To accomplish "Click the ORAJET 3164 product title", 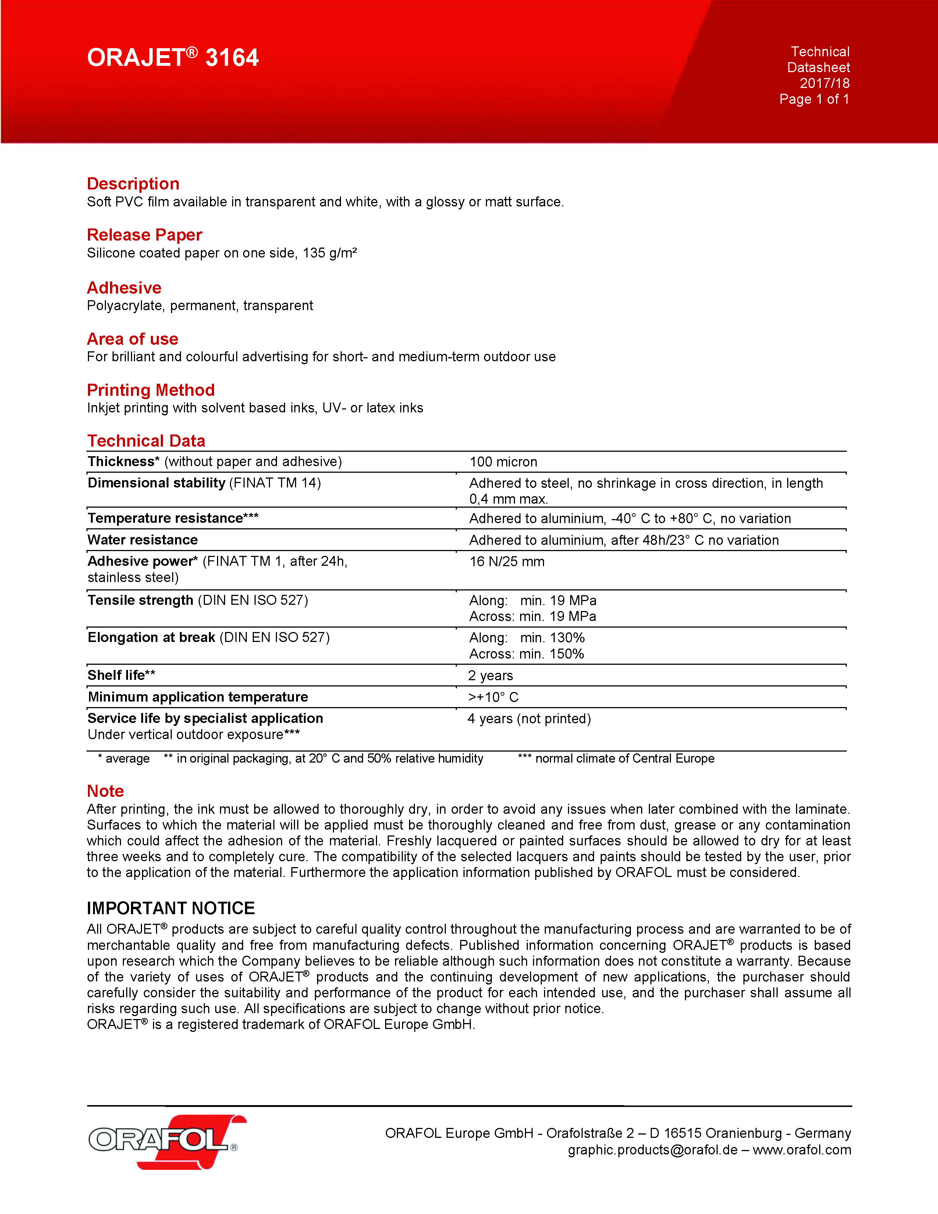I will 173,58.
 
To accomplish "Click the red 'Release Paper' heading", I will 145,235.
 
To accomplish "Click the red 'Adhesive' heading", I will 124,288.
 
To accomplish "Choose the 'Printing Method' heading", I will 150,390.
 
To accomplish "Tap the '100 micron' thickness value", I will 503,462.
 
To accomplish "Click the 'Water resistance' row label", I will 143,540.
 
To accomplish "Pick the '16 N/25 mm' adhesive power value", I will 507,561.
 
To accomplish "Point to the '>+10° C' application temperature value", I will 493,697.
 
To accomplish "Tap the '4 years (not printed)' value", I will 529,719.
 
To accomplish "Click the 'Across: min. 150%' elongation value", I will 526,654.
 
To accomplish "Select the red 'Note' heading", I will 105,791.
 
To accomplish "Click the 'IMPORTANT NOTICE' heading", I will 171,908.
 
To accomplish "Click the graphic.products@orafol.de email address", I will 653,1150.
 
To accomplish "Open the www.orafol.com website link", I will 802,1150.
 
